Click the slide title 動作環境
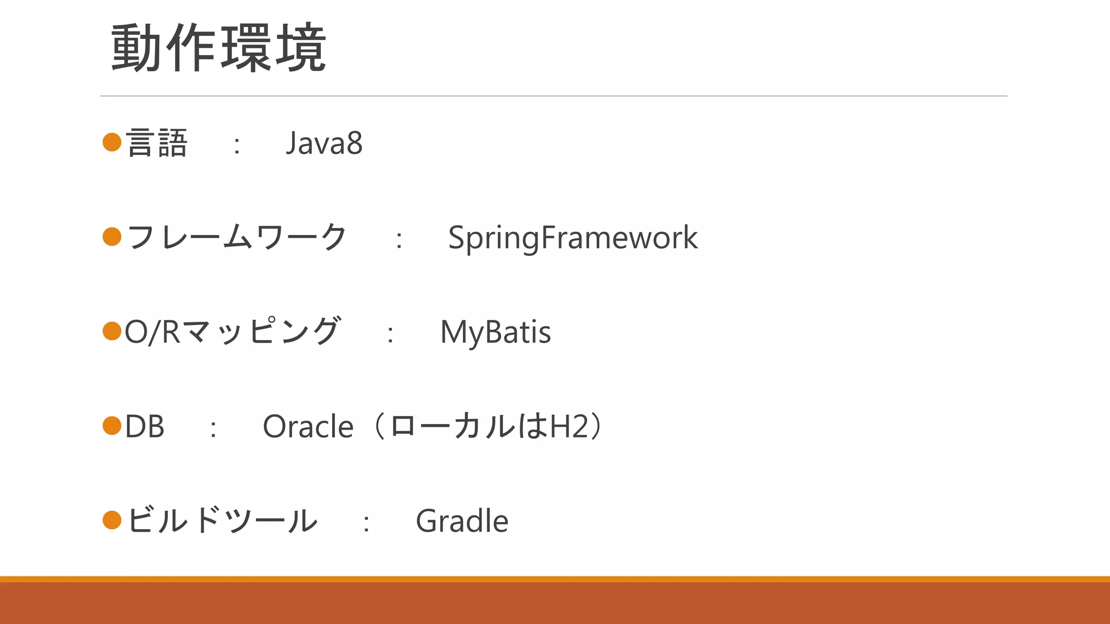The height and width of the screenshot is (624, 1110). coord(218,48)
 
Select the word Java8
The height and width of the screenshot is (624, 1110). coord(324,144)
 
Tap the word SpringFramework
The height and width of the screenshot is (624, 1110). coord(573,238)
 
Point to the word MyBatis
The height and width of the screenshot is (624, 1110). coord(495,332)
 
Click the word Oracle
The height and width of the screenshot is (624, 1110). coord(308,426)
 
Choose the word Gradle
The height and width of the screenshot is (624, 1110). coord(462,521)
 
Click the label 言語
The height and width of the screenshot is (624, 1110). coord(157,144)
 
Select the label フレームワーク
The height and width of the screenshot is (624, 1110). coord(236,238)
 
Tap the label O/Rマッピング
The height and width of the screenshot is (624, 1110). coord(232,332)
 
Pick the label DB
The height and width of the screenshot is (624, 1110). coord(144,426)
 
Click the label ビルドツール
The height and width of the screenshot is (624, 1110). coord(222,521)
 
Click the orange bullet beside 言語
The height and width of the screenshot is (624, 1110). coord(112,142)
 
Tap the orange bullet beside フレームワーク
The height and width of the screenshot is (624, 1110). coord(112,237)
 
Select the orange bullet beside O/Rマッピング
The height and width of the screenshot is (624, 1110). coord(112,331)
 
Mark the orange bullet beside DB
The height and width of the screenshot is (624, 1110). coord(112,426)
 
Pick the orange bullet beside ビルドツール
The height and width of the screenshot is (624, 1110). coord(112,520)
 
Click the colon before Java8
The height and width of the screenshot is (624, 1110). coord(237,145)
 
